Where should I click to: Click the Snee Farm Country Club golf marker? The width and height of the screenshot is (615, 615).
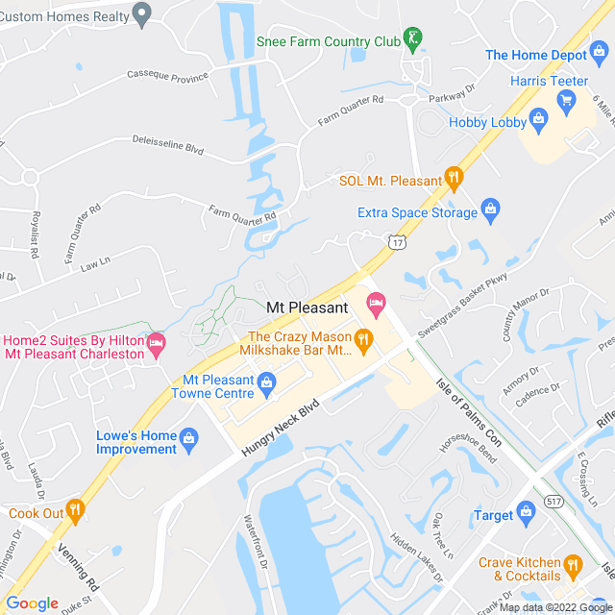[x=413, y=38]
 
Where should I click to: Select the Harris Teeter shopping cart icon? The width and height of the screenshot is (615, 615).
[x=566, y=99]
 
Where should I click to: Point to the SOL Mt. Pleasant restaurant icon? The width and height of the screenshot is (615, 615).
[x=454, y=177]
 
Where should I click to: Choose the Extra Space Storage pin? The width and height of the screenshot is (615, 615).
[x=490, y=208]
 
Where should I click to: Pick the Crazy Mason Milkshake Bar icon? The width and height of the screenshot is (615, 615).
[x=363, y=338]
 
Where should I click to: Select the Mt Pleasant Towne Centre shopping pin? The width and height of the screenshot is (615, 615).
[x=266, y=385]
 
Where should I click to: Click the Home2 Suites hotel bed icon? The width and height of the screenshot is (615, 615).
[x=155, y=342]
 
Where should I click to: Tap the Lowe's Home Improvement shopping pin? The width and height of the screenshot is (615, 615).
[x=188, y=440]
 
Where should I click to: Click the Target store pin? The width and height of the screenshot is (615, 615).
[x=525, y=510]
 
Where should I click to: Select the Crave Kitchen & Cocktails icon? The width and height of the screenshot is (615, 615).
[x=573, y=565]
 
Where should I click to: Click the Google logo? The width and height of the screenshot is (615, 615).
[x=32, y=603]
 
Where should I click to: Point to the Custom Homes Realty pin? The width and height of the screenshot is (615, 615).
[x=143, y=15]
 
